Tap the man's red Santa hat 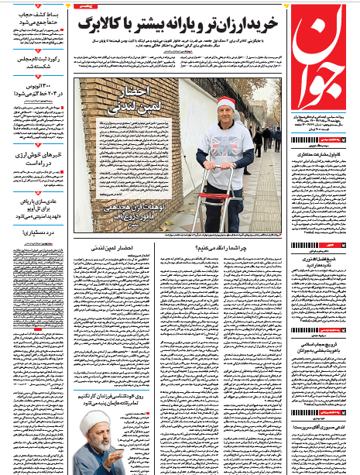tap(226, 105)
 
